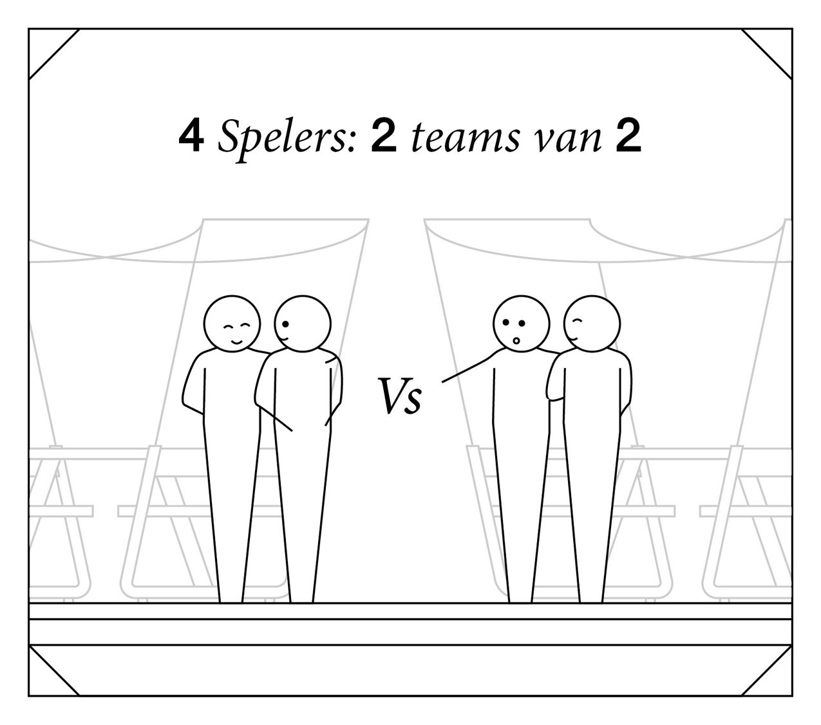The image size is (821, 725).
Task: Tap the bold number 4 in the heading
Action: click(191, 137)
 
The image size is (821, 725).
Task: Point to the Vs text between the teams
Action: click(400, 396)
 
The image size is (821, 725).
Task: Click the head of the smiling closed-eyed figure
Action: click(232, 324)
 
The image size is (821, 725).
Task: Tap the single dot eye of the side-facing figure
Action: click(285, 324)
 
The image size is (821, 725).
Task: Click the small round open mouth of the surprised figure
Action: click(516, 340)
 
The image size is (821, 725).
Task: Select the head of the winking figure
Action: click(592, 324)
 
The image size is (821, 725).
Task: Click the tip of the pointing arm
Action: click(442, 382)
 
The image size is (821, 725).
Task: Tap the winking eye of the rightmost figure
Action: click(578, 322)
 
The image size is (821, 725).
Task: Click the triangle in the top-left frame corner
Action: click(46, 46)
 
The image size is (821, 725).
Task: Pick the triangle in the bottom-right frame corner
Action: click(775, 679)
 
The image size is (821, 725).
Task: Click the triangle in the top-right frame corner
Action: click(775, 46)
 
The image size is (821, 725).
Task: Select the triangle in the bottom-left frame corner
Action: click(46, 679)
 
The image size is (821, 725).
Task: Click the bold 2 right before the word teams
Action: click(383, 137)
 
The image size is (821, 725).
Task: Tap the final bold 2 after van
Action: click(628, 137)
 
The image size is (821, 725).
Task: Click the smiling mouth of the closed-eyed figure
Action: click(237, 343)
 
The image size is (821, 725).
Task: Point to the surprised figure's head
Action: click(521, 324)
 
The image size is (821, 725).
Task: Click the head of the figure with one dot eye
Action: click(302, 324)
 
